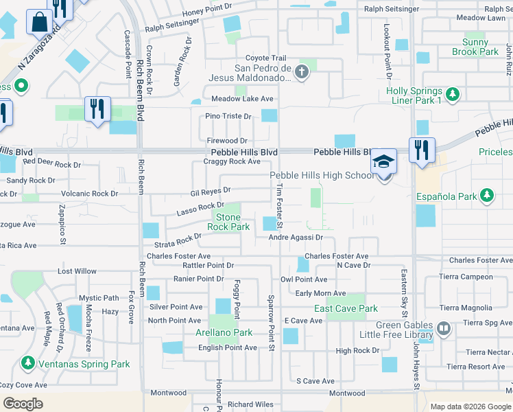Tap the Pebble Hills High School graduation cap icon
tap(383, 162)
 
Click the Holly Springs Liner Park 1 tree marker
tap(452, 93)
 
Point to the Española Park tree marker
tap(487, 196)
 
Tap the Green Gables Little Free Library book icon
tap(444, 330)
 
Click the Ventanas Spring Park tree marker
tap(29, 362)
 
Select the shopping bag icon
tap(39, 22)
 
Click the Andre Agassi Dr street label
tap(295, 238)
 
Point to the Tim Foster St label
tap(279, 207)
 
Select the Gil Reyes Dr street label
tap(211, 190)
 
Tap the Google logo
tap(23, 404)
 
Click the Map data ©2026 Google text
tap(470, 407)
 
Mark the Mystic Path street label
tap(99, 298)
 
